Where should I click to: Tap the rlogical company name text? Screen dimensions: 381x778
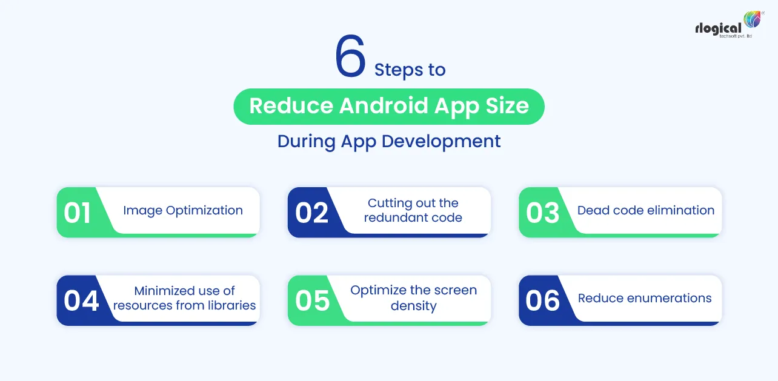click(x=719, y=28)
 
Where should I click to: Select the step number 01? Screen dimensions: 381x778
click(x=78, y=213)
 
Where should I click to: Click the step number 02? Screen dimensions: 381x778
click(x=311, y=213)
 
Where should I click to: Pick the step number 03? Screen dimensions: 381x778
click(x=542, y=213)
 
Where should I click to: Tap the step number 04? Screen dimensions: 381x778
click(x=81, y=301)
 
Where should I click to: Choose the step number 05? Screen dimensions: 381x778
click(x=313, y=301)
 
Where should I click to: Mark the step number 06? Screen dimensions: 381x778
click(x=542, y=301)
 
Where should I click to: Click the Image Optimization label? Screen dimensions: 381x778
click(x=183, y=211)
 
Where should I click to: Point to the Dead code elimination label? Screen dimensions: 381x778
click(x=646, y=211)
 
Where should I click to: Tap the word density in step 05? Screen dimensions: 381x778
click(x=413, y=306)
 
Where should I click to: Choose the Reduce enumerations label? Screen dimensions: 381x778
click(x=645, y=299)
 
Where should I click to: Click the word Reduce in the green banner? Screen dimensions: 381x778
click(x=290, y=106)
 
